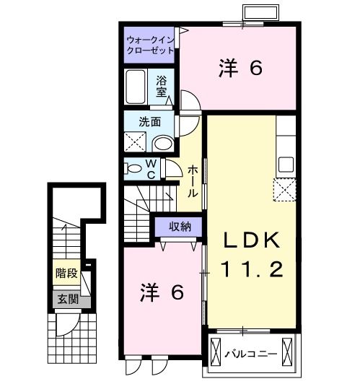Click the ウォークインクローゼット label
tap(150, 44)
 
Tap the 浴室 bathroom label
tap(162, 87)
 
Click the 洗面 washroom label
tap(149, 121)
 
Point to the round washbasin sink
tap(163, 143)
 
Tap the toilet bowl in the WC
tap(134, 169)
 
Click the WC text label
tap(152, 169)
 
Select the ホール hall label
tap(194, 181)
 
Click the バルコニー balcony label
tap(252, 354)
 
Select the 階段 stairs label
tap(66, 274)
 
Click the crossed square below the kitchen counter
tap(284, 191)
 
